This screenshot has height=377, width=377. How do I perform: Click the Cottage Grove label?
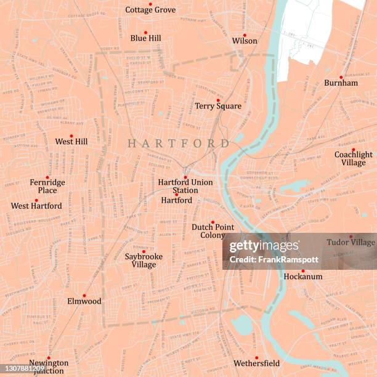(150, 10)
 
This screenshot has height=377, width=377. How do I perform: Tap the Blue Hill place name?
(146, 38)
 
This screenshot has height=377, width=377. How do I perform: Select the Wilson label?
(245, 41)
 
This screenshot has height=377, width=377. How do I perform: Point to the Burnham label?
(341, 83)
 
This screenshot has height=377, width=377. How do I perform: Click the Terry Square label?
(218, 106)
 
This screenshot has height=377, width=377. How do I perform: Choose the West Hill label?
(71, 142)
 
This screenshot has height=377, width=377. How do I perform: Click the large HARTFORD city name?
(178, 143)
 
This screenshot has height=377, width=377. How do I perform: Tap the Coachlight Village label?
(354, 158)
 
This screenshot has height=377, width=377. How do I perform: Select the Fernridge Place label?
(47, 186)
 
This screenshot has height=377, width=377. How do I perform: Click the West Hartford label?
(36, 206)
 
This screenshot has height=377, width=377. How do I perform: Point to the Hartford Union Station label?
(185, 186)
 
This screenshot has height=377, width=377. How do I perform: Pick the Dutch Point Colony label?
(213, 231)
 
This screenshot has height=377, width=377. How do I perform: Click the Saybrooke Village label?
(144, 261)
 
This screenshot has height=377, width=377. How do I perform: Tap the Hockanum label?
(302, 277)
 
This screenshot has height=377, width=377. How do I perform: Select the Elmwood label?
(84, 301)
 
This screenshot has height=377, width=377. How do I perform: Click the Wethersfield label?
(256, 363)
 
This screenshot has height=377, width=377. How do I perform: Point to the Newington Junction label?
(49, 367)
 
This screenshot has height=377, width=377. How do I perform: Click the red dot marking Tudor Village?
(351, 236)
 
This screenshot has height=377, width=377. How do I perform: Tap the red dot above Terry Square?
(218, 100)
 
